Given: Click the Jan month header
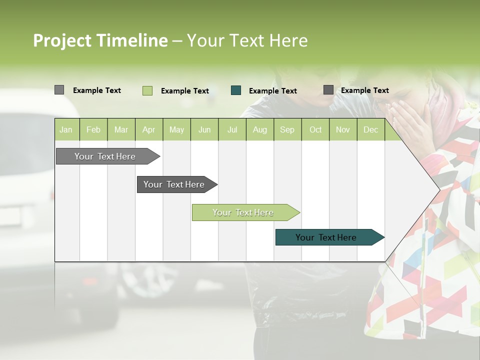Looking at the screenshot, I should click(66, 129).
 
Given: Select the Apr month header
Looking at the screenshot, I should click(149, 129).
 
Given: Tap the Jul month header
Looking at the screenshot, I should click(232, 129).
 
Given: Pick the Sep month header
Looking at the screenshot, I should click(287, 129).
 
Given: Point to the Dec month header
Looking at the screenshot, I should click(370, 129).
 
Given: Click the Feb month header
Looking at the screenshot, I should click(93, 129).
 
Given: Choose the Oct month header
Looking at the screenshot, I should click(315, 129).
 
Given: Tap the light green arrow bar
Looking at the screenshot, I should click(243, 212).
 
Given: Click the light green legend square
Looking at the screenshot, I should click(147, 90).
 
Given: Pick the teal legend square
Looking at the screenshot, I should click(236, 90).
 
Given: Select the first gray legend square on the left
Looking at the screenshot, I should click(59, 90).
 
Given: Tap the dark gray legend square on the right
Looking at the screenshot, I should click(328, 90).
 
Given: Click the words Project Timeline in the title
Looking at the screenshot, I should click(100, 40).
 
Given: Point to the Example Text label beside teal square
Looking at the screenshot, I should click(273, 91).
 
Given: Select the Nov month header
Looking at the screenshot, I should click(343, 129).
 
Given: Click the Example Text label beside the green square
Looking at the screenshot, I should click(185, 91).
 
